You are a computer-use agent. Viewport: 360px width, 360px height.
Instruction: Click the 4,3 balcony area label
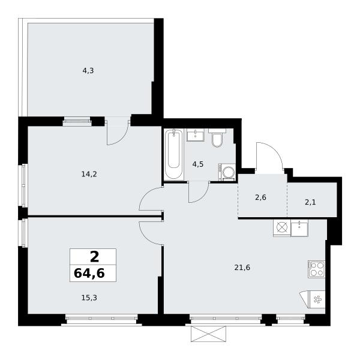pyautogui.click(x=88, y=71)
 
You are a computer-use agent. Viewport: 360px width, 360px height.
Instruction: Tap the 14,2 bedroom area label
pyautogui.click(x=89, y=174)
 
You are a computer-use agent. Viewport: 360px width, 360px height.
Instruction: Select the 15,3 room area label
pyautogui.click(x=89, y=298)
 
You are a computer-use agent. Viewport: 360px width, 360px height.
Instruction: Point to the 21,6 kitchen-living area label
pyautogui.click(x=242, y=268)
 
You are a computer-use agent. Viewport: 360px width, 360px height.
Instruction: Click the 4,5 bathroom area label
pyautogui.click(x=198, y=164)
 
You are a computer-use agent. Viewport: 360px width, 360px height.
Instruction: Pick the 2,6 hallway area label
pyautogui.click(x=260, y=197)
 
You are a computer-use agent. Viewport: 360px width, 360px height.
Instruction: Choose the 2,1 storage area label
pyautogui.click(x=310, y=202)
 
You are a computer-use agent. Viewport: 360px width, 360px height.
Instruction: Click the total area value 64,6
pyautogui.click(x=89, y=273)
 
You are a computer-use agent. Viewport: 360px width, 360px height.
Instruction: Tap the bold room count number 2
pyautogui.click(x=95, y=257)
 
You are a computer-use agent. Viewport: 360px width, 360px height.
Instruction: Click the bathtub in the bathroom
pyautogui.click(x=174, y=154)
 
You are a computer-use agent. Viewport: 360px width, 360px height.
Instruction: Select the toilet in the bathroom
pyautogui.click(x=217, y=137)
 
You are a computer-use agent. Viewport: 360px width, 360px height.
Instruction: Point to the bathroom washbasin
pyautogui.click(x=196, y=135)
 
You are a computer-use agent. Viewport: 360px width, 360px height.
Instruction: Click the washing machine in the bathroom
pyautogui.click(x=227, y=172)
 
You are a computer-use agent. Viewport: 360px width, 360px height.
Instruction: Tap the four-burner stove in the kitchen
pyautogui.click(x=316, y=269)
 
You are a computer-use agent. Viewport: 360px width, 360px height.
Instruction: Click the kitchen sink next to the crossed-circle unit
pyautogui.click(x=299, y=228)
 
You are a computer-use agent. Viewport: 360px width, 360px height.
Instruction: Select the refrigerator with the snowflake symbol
pyautogui.click(x=313, y=299)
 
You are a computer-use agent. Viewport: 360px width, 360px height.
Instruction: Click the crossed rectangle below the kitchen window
pyautogui.click(x=208, y=334)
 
